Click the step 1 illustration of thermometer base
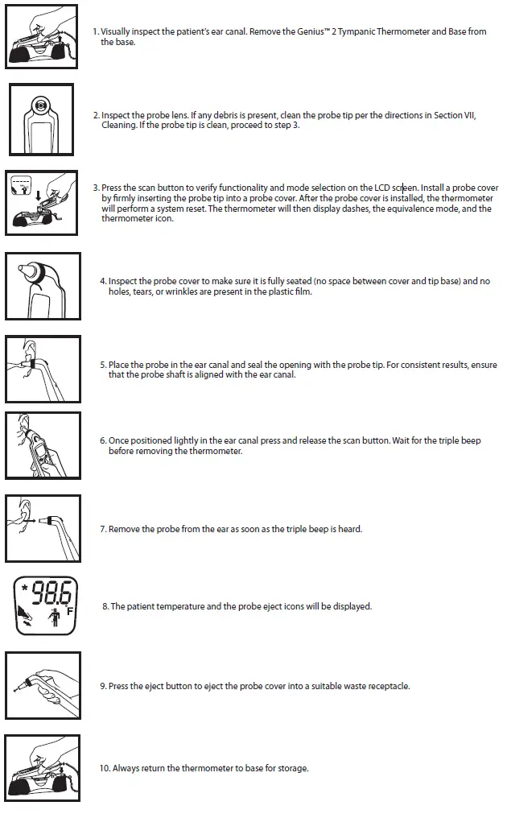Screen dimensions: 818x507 (x=42, y=38)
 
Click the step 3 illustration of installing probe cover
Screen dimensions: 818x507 (x=42, y=202)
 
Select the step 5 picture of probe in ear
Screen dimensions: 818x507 (x=42, y=369)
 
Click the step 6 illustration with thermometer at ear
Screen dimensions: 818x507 (x=42, y=445)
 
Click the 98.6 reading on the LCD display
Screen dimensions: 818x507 (x=50, y=594)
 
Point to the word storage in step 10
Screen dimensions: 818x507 (x=291, y=769)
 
